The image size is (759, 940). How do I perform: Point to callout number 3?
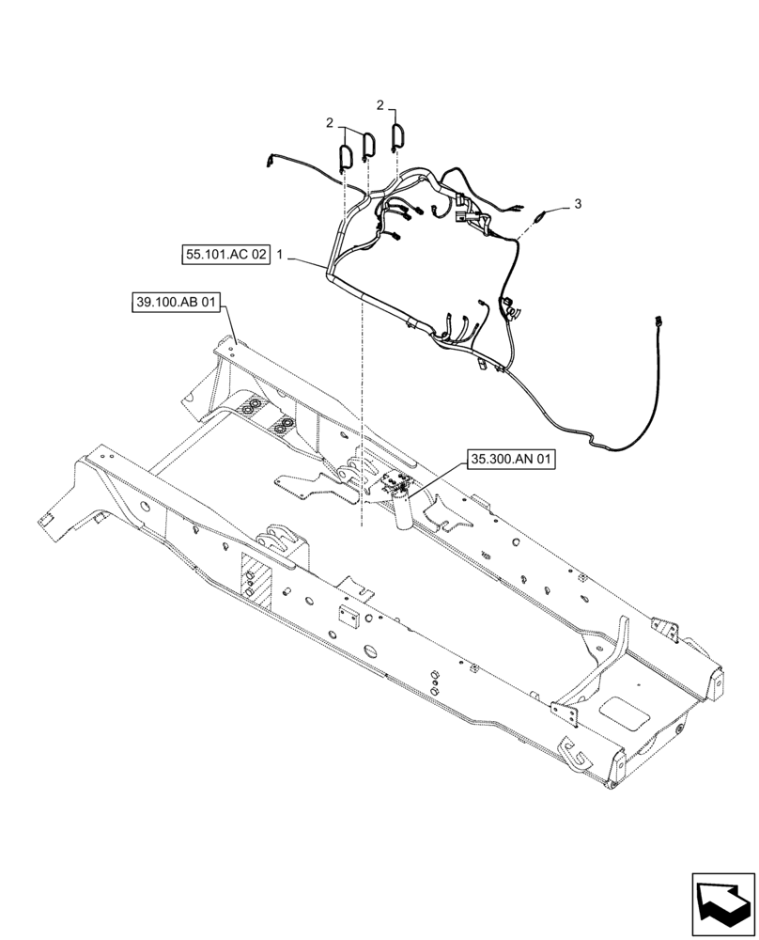pos(578,204)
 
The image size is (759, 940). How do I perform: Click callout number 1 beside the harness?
pos(280,255)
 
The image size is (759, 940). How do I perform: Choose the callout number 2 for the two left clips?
pos(330,123)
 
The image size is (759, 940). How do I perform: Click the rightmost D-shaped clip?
pos(396,137)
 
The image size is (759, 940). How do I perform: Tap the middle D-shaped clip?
pos(368,145)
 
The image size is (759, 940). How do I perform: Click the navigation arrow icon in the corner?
pos(722,901)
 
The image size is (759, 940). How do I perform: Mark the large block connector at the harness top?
pos(462,209)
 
